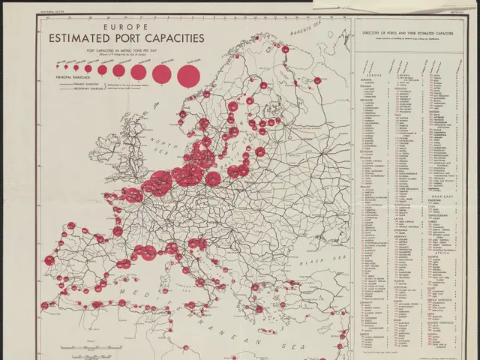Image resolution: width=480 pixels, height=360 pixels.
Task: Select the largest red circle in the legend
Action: (x=187, y=74)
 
